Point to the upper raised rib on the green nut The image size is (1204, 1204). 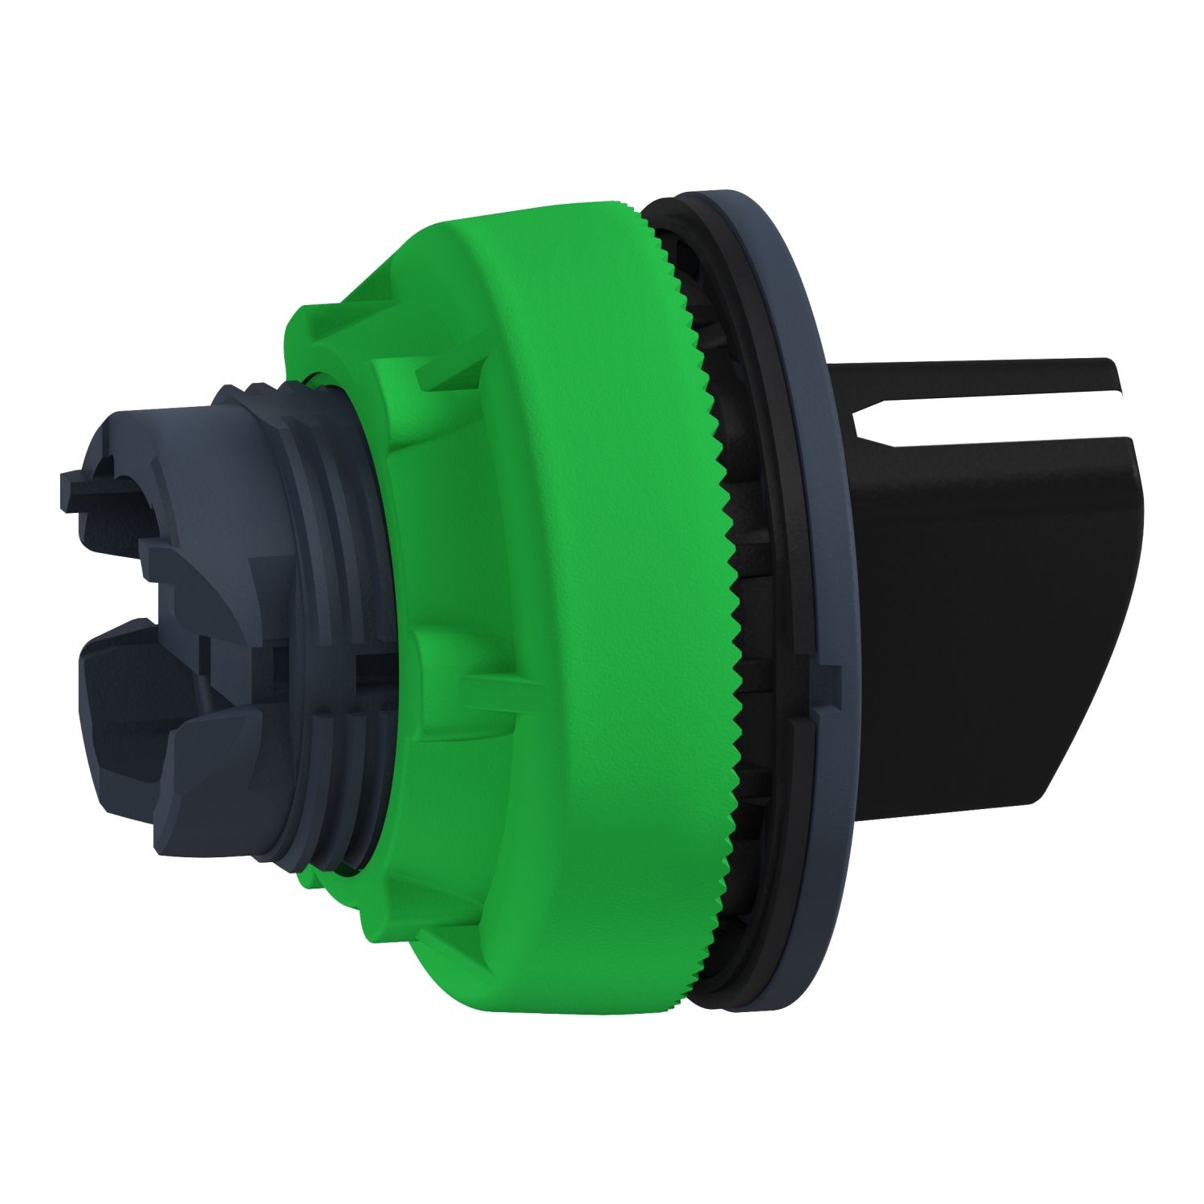pos(449,377)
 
